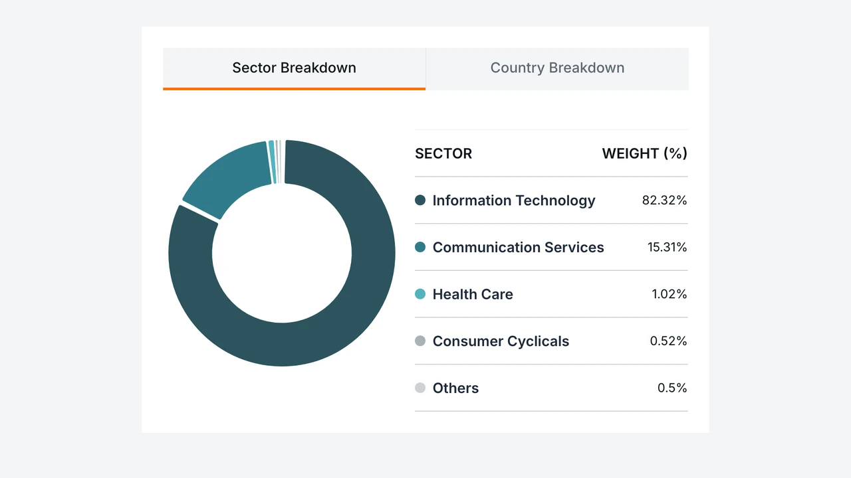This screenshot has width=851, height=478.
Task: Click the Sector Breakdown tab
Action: (x=294, y=68)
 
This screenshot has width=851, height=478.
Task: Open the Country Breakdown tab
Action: (x=557, y=68)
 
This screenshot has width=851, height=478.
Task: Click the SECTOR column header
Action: (x=443, y=153)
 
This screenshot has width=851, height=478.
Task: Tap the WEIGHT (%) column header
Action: (x=645, y=153)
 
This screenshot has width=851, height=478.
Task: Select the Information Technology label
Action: (x=514, y=200)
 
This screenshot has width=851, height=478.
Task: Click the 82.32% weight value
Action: (x=664, y=200)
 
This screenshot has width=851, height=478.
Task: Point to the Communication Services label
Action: (x=518, y=248)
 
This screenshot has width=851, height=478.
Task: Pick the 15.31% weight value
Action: (x=667, y=248)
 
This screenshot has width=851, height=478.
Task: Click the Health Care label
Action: (x=473, y=294)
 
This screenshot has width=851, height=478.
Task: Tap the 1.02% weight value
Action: (x=669, y=294)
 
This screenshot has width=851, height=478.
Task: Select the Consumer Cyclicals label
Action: (x=501, y=341)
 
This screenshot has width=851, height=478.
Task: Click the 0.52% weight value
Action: (x=668, y=341)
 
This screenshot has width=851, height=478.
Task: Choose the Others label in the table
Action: (x=455, y=388)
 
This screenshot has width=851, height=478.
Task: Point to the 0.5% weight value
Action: (x=672, y=388)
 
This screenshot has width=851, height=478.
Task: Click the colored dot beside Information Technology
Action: (x=420, y=200)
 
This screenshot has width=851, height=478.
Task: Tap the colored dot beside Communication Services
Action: (x=420, y=248)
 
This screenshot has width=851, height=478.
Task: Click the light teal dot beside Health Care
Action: (x=420, y=294)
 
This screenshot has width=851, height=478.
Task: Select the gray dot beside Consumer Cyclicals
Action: (x=420, y=341)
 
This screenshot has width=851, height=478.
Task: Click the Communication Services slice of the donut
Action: (x=228, y=179)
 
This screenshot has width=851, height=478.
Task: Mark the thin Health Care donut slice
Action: (x=272, y=162)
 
